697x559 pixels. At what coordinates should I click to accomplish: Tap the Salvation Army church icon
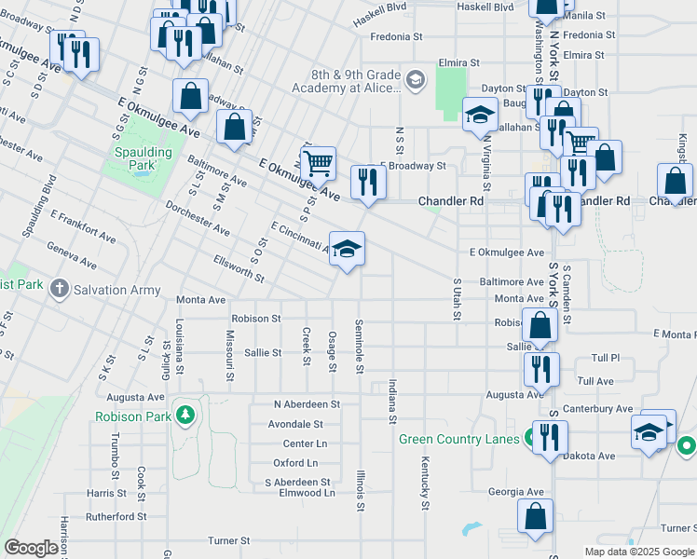[x=61, y=289]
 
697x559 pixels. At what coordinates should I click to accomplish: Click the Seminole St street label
[x=359, y=346]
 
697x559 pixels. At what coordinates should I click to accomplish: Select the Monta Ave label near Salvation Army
[x=201, y=300]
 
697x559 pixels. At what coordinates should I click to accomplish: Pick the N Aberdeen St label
[x=307, y=404]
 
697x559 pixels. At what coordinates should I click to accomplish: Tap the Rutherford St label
[x=116, y=515]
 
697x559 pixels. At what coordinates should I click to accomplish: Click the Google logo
[x=31, y=548]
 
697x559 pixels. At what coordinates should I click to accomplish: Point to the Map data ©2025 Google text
[x=638, y=552]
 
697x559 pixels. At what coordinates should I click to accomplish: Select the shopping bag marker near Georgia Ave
[x=536, y=517]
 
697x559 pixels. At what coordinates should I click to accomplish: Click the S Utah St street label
[x=457, y=299]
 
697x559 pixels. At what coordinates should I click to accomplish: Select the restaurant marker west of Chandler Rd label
[x=368, y=183]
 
